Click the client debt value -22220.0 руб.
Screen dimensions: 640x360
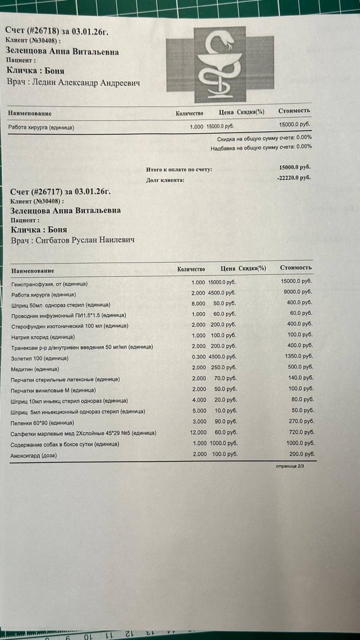click(295, 177)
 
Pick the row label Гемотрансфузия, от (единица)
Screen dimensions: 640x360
click(49, 283)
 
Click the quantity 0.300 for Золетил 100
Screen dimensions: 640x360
click(199, 357)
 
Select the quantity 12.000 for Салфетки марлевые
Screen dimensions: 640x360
click(198, 432)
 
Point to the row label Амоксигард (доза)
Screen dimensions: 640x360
click(33, 456)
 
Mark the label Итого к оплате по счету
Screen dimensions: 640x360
click(179, 169)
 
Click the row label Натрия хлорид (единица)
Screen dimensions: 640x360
click(43, 337)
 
